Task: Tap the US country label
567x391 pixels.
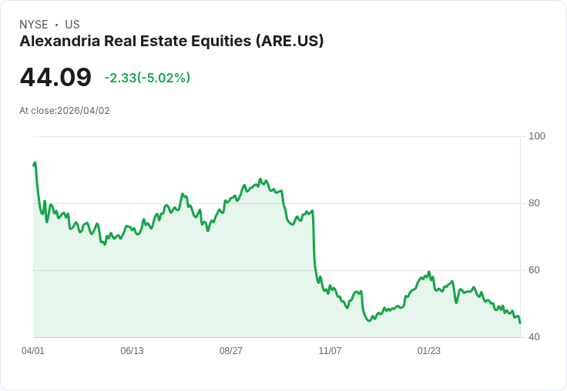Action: click(x=72, y=25)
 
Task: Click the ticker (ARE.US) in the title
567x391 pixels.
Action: click(x=289, y=42)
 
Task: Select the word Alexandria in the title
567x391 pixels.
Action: click(x=58, y=42)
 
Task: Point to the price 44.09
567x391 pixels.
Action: click(x=55, y=78)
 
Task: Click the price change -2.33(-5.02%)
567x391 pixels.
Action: click(x=147, y=78)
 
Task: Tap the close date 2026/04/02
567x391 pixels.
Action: click(x=83, y=111)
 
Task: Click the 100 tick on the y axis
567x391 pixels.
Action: click(x=537, y=136)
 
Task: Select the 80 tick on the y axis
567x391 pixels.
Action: click(x=534, y=203)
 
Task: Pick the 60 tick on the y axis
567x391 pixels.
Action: click(x=534, y=270)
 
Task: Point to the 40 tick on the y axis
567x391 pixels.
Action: click(x=534, y=337)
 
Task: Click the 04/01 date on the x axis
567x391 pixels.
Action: click(x=33, y=351)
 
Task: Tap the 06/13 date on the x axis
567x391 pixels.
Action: click(x=132, y=351)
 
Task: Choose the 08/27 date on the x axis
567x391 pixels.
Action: click(x=231, y=351)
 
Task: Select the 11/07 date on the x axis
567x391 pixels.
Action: click(x=330, y=351)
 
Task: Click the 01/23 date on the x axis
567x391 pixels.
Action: click(x=429, y=351)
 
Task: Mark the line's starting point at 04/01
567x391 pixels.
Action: click(x=33, y=165)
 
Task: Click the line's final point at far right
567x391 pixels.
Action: click(x=520, y=322)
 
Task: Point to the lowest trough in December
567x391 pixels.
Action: click(x=369, y=320)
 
